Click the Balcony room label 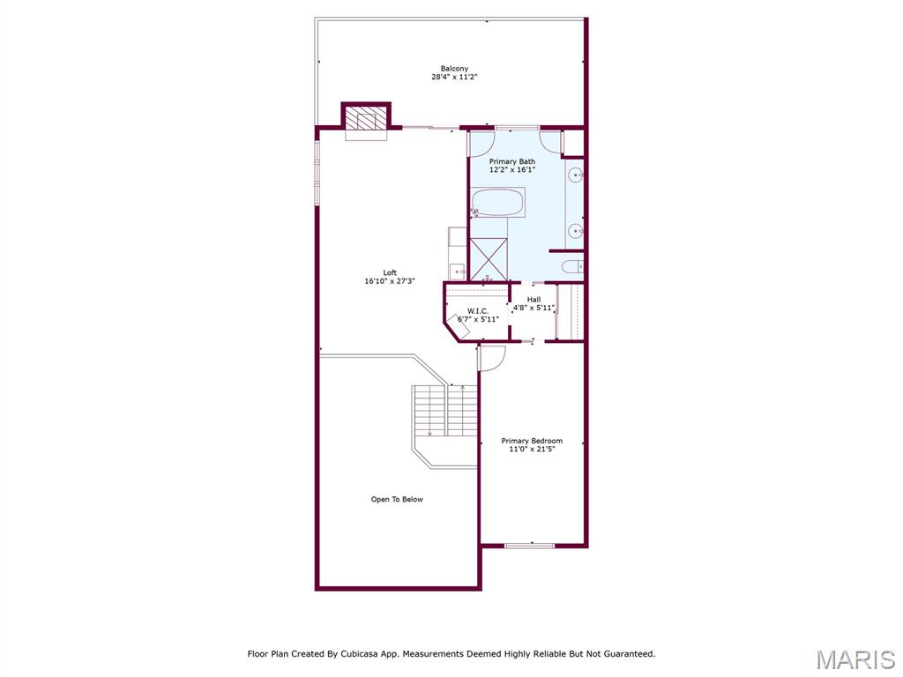454,69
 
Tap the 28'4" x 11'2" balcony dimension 454,78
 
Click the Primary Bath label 512,161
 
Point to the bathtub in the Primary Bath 498,204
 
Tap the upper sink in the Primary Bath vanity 574,175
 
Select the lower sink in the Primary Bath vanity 574,231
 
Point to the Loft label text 390,272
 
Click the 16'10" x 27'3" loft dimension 390,281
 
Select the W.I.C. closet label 478,310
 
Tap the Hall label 534,300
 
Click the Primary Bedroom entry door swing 491,357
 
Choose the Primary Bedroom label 532,441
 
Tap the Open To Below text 397,500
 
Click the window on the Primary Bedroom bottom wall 529,546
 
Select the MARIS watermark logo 854,659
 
